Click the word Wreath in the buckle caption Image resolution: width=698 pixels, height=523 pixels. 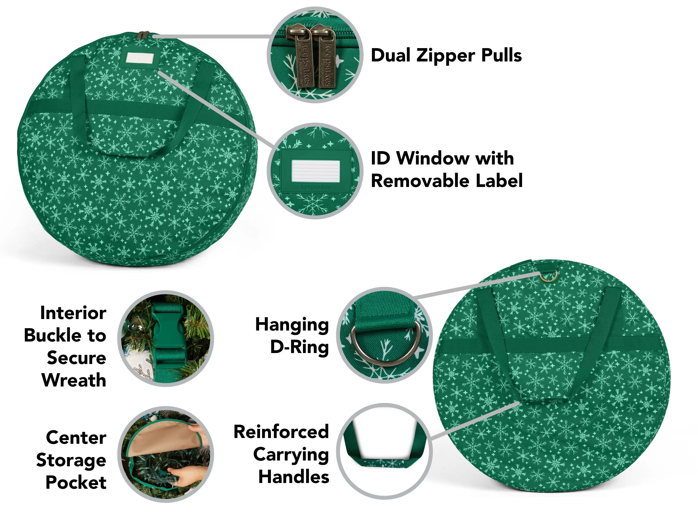pos(74,380)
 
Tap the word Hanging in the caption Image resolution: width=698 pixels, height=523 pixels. pos(292,325)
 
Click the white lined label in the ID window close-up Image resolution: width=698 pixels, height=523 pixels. pos(316,171)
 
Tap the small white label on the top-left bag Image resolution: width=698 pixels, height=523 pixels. pos(140,58)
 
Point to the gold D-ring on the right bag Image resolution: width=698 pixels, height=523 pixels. pos(548,276)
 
